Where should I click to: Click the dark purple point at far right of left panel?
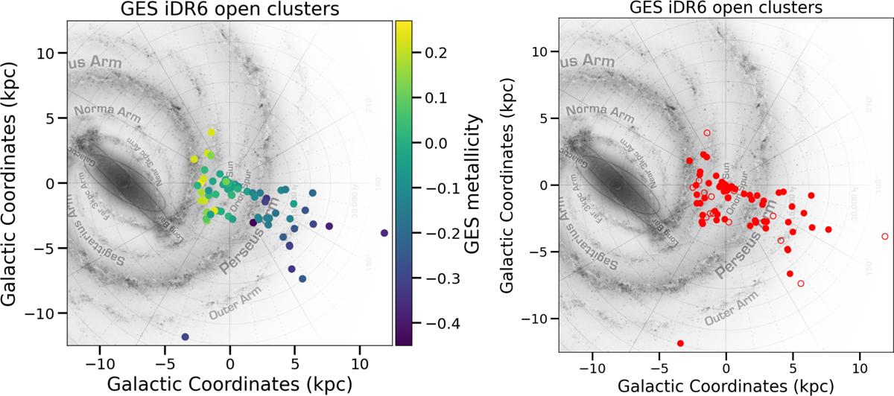(384, 233)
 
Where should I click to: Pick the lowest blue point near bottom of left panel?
(185, 337)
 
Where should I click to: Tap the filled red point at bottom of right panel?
(680, 343)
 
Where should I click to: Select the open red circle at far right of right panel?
(884, 237)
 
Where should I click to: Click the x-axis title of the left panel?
(229, 383)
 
